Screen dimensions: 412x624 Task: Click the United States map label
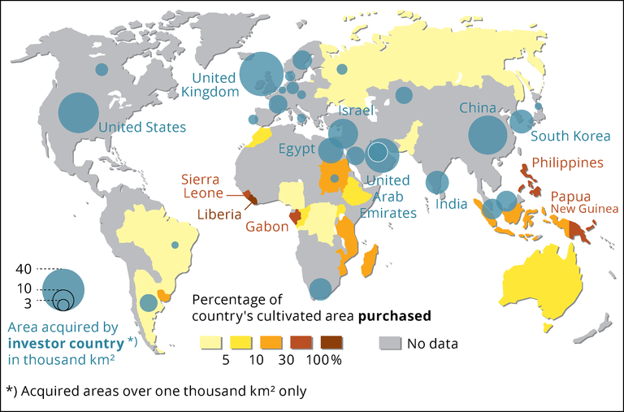pos(142,128)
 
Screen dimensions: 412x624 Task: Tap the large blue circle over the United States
pos(78,114)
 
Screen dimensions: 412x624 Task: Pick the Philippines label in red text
pos(569,163)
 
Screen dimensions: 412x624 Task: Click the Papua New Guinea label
pos(584,203)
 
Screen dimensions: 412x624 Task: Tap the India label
pos(451,204)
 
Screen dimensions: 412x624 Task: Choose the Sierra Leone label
pos(200,186)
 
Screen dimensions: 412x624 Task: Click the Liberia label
pos(219,215)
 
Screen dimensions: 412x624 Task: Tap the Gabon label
pos(269,227)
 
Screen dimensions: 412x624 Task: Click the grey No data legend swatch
pos(392,343)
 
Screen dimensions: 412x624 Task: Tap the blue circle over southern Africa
pos(320,289)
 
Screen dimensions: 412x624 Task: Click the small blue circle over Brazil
pos(175,245)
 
